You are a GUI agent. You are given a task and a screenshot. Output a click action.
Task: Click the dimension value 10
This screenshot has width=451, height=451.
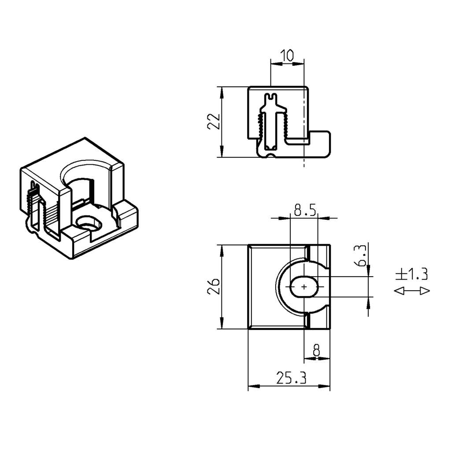pyautogui.click(x=287, y=55)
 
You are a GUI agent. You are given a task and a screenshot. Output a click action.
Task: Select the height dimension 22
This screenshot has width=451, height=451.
pyautogui.click(x=213, y=121)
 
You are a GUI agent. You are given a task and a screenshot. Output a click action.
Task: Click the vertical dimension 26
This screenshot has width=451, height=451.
pyautogui.click(x=213, y=287)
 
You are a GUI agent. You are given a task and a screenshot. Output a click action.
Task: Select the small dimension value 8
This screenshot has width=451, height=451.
pyautogui.click(x=316, y=351)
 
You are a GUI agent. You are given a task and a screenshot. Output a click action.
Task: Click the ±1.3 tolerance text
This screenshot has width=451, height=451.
pyautogui.click(x=411, y=274)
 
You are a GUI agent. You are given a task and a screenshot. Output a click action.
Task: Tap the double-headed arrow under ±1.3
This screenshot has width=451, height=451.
pyautogui.click(x=411, y=291)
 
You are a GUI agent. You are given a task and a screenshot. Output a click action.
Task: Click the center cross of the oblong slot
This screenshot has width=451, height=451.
pyautogui.click(x=304, y=287)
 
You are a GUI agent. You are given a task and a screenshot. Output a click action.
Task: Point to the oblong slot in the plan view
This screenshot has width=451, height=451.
pyautogui.click(x=304, y=287)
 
